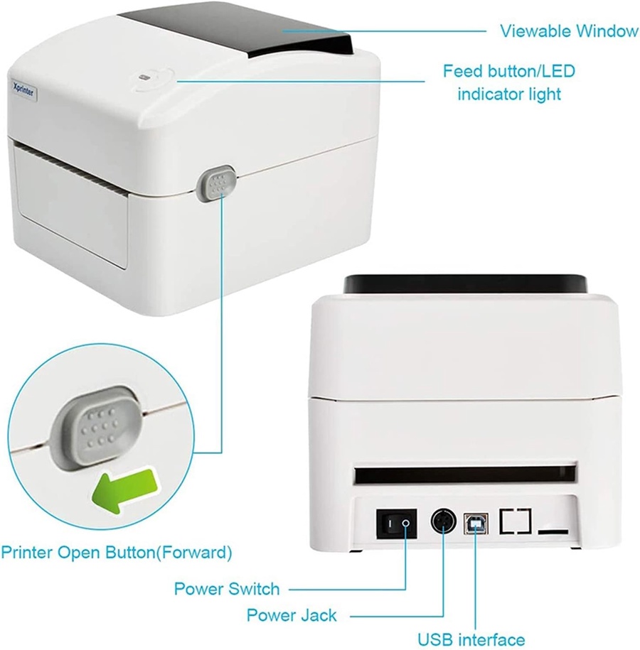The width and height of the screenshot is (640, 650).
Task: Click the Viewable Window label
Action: tap(569, 31)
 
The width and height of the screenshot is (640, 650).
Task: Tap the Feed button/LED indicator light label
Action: tap(509, 82)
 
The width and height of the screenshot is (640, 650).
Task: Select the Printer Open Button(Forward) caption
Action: tap(117, 553)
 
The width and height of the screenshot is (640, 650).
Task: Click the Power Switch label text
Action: tap(227, 589)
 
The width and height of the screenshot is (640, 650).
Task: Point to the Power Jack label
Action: tap(292, 615)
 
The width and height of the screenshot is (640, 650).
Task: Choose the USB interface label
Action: tap(471, 640)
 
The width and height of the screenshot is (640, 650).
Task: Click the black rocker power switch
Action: tap(397, 524)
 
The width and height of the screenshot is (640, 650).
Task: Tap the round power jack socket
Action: tap(443, 521)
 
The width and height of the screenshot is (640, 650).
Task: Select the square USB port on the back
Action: tap(476, 524)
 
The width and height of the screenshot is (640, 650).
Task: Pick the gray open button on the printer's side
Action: tap(216, 184)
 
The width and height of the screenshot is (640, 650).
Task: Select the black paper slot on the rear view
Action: tap(465, 475)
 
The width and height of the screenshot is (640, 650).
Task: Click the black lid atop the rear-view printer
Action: tap(465, 284)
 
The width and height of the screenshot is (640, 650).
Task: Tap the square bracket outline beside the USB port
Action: tap(516, 521)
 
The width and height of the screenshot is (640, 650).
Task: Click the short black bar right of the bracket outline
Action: tap(553, 532)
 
